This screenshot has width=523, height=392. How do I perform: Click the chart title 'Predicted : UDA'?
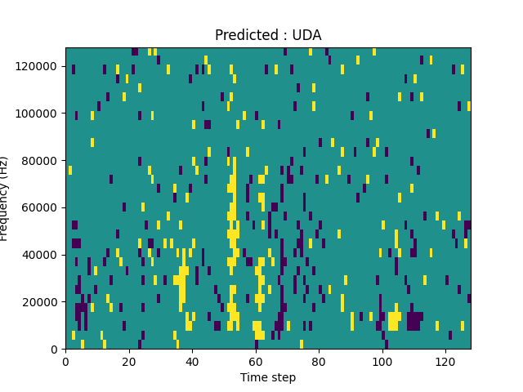pos(268,35)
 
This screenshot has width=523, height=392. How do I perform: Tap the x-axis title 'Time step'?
pos(268,377)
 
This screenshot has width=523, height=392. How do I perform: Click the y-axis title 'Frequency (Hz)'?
pos(7,198)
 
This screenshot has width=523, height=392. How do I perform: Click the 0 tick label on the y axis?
pos(56,350)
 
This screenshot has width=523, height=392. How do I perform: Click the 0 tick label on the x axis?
pos(65,361)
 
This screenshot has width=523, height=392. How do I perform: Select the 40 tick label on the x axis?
pos(192,361)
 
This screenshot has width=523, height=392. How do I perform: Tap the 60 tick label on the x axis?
pos(256,361)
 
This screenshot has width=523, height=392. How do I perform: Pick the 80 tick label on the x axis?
pos(319,361)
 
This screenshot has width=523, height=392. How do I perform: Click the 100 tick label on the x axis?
pos(382,361)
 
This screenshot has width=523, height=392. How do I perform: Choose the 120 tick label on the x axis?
pos(445,361)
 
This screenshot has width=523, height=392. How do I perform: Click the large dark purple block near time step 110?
pos(414,320)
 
